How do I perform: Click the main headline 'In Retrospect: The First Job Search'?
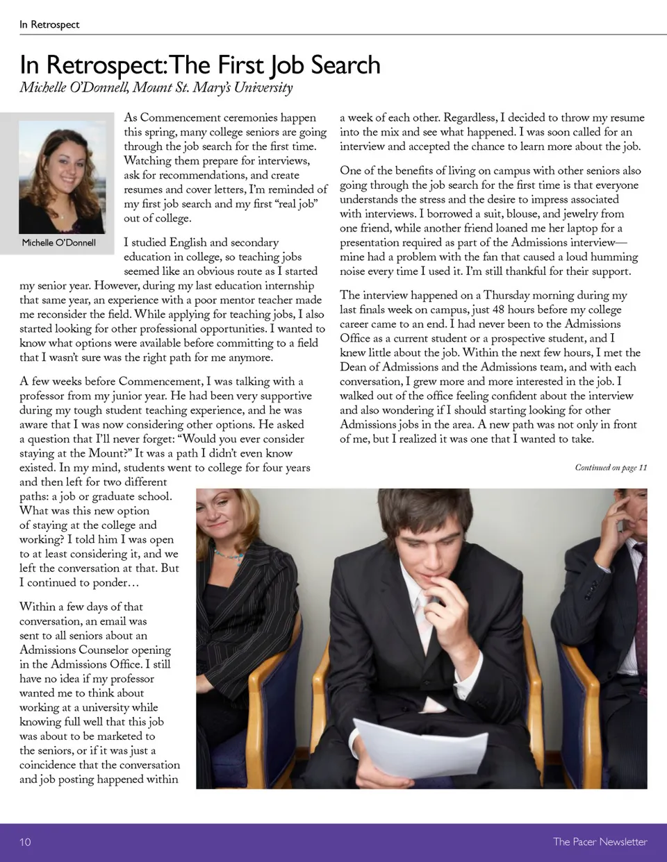200,65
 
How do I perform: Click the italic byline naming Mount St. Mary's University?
156,87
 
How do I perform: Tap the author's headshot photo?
62,177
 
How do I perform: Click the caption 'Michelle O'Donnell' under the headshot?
59,242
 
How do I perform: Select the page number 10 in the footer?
25,842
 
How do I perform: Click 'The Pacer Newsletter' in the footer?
600,842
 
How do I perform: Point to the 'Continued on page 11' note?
611,467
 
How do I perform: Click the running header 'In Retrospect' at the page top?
49,24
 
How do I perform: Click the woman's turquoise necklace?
229,554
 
